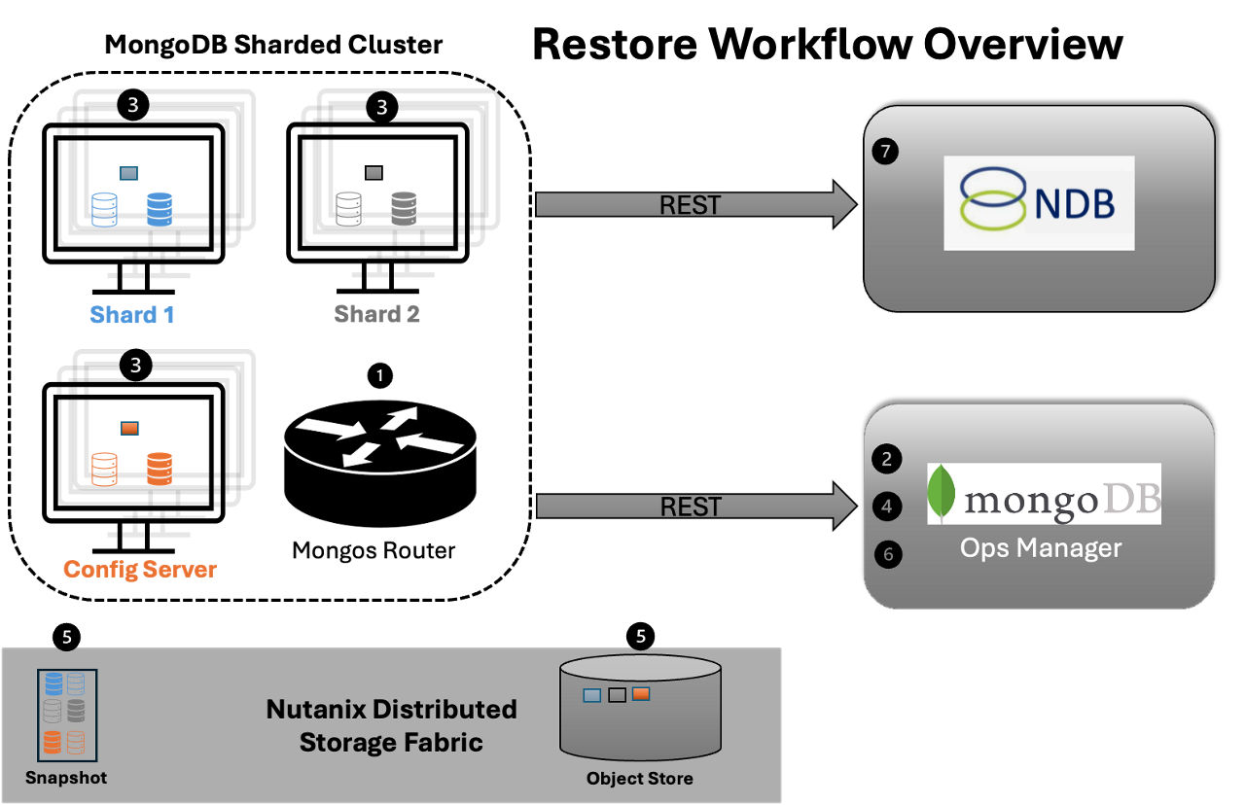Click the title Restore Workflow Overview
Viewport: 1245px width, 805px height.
827,45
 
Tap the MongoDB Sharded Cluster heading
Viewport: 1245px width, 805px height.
273,45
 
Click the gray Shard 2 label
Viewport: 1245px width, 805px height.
376,315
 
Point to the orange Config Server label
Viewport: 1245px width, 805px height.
140,569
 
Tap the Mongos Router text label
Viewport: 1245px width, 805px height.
373,551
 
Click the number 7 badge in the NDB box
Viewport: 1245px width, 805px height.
885,152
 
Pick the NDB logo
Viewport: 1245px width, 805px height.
1038,202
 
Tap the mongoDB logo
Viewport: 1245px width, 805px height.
1044,495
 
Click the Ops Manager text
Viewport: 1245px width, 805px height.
1041,548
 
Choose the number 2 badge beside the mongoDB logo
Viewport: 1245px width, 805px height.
887,459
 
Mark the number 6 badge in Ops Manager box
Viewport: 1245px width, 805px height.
887,554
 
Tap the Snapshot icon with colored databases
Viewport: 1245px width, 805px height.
64,716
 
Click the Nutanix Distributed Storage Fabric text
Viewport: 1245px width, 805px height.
391,725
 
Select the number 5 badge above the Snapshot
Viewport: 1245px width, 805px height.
66,638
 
